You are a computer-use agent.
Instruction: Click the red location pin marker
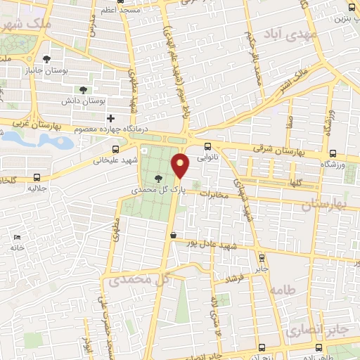pos(181,165)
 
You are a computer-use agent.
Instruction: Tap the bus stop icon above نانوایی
pos(207,147)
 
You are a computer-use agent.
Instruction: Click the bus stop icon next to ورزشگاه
pos(333,154)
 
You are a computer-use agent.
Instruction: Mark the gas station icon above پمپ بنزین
pos(349,8)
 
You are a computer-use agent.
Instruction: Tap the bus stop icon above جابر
pos(262,257)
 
